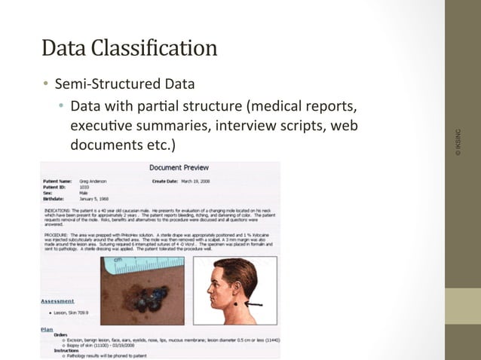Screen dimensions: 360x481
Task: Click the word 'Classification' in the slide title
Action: [159, 50]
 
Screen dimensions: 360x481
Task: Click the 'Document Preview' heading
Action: [179, 167]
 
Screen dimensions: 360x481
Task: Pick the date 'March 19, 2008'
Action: [198, 182]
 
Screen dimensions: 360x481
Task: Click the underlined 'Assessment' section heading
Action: [57, 301]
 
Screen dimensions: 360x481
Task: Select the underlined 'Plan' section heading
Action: [47, 329]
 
